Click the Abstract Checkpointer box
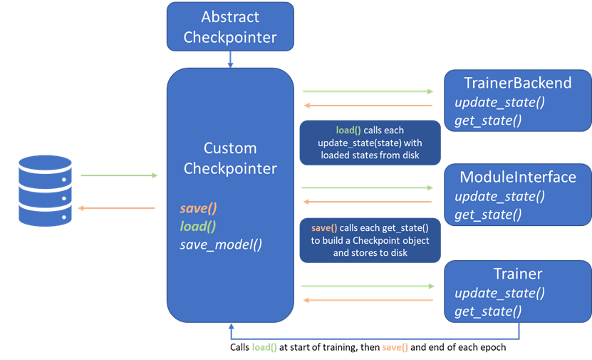pyautogui.click(x=230, y=27)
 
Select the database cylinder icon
pyautogui.click(x=45, y=192)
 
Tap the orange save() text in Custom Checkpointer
pyautogui.click(x=198, y=209)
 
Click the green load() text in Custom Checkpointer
pyautogui.click(x=197, y=227)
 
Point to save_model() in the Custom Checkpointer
pyautogui.click(x=221, y=245)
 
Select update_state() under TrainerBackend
pyautogui.click(x=499, y=101)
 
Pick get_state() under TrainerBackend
pyautogui.click(x=488, y=120)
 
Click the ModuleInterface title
pyautogui.click(x=517, y=177)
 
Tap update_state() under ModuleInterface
pyautogui.click(x=499, y=196)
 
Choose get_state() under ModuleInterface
pyautogui.click(x=488, y=214)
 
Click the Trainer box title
pyautogui.click(x=517, y=274)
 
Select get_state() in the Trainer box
pyautogui.click(x=488, y=311)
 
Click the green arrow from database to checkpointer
pyautogui.click(x=119, y=175)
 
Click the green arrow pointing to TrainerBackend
pyautogui.click(x=368, y=91)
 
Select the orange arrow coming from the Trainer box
pyautogui.click(x=368, y=300)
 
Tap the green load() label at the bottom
pyautogui.click(x=264, y=347)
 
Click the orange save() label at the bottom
pyautogui.click(x=395, y=347)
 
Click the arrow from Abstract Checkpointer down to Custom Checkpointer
pyautogui.click(x=230, y=60)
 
